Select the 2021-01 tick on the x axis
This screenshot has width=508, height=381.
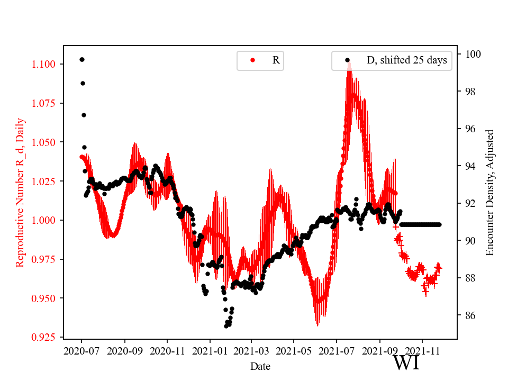tap(210, 350)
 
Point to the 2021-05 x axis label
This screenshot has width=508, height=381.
tap(294, 350)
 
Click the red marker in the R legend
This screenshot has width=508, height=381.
tap(252, 60)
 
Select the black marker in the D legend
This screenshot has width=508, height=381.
tap(347, 60)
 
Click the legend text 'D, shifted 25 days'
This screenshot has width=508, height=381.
tap(406, 60)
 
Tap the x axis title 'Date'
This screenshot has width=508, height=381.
tap(260, 366)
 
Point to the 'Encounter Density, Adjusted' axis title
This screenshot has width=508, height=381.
tap(490, 192)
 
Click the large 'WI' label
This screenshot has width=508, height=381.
tap(406, 363)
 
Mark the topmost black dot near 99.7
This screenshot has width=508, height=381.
tap(82, 59)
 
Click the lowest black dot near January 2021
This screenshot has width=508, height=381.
tap(226, 326)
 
